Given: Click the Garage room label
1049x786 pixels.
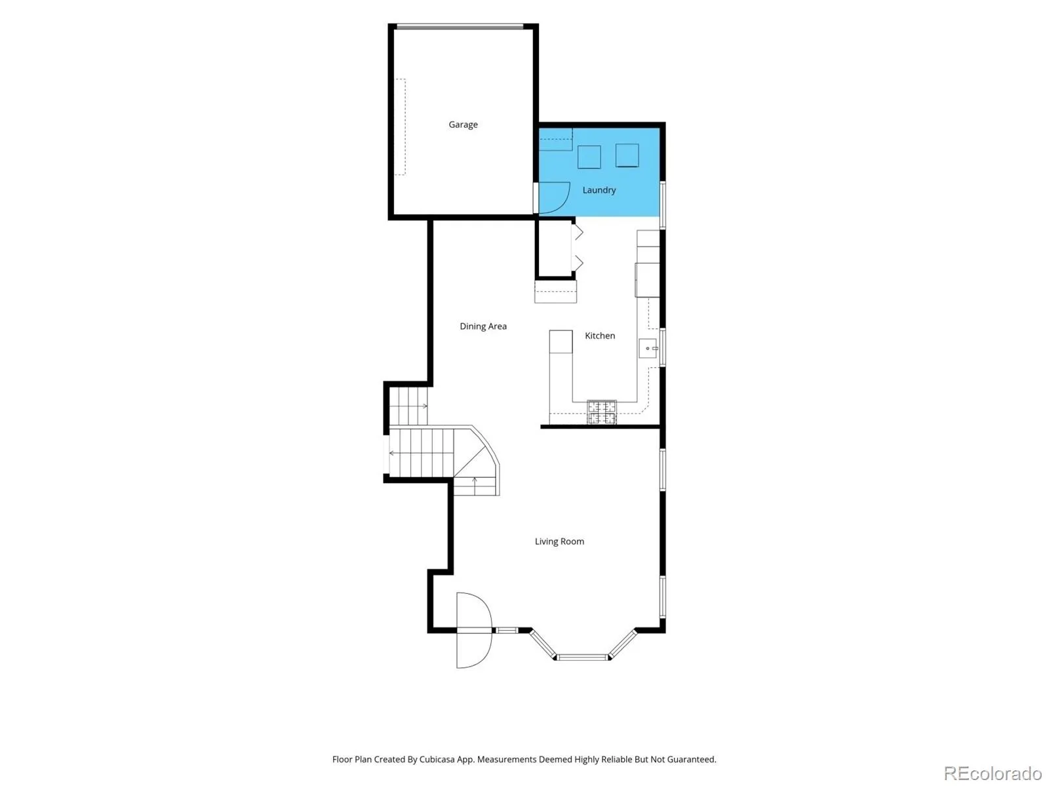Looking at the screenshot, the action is pyautogui.click(x=463, y=125).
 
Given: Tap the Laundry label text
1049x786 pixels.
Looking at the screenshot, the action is pyautogui.click(x=599, y=190).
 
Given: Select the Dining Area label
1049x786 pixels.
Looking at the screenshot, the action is pyautogui.click(x=483, y=326).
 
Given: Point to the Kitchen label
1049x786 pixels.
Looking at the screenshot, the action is pyautogui.click(x=600, y=336).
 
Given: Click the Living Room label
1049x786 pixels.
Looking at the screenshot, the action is pyautogui.click(x=559, y=541).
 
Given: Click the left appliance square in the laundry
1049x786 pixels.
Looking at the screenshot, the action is pyautogui.click(x=589, y=157).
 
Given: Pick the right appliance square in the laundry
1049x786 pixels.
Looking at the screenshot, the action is pyautogui.click(x=627, y=155).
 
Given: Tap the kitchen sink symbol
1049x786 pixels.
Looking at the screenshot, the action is pyautogui.click(x=648, y=348).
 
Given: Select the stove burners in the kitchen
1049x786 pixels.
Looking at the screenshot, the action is pyautogui.click(x=602, y=412).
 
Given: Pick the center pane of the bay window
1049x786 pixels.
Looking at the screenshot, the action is pyautogui.click(x=583, y=658).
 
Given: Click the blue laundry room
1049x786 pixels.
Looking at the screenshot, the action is pyautogui.click(x=599, y=172).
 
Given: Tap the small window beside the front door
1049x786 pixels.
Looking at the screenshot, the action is pyautogui.click(x=506, y=631).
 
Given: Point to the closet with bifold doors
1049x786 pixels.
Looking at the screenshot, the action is pyautogui.click(x=555, y=248).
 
